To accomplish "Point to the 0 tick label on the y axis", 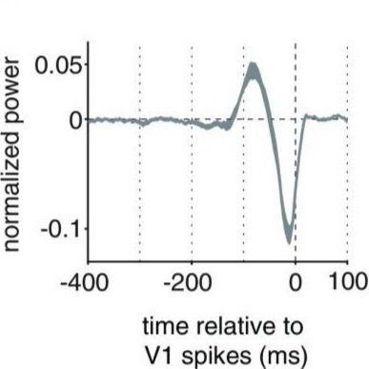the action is click(x=76, y=121).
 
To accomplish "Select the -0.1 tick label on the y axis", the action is click(x=62, y=228).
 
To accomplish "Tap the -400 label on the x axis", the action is click(x=84, y=283).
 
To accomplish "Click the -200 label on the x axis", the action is click(x=188, y=283).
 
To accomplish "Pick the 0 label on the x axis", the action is click(x=296, y=283).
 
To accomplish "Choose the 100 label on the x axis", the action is click(x=348, y=282).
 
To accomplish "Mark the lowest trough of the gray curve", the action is click(x=289, y=242).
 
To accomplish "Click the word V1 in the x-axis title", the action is click(x=159, y=356).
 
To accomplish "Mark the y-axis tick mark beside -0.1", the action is click(x=86, y=228).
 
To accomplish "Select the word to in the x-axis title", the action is click(x=292, y=327).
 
